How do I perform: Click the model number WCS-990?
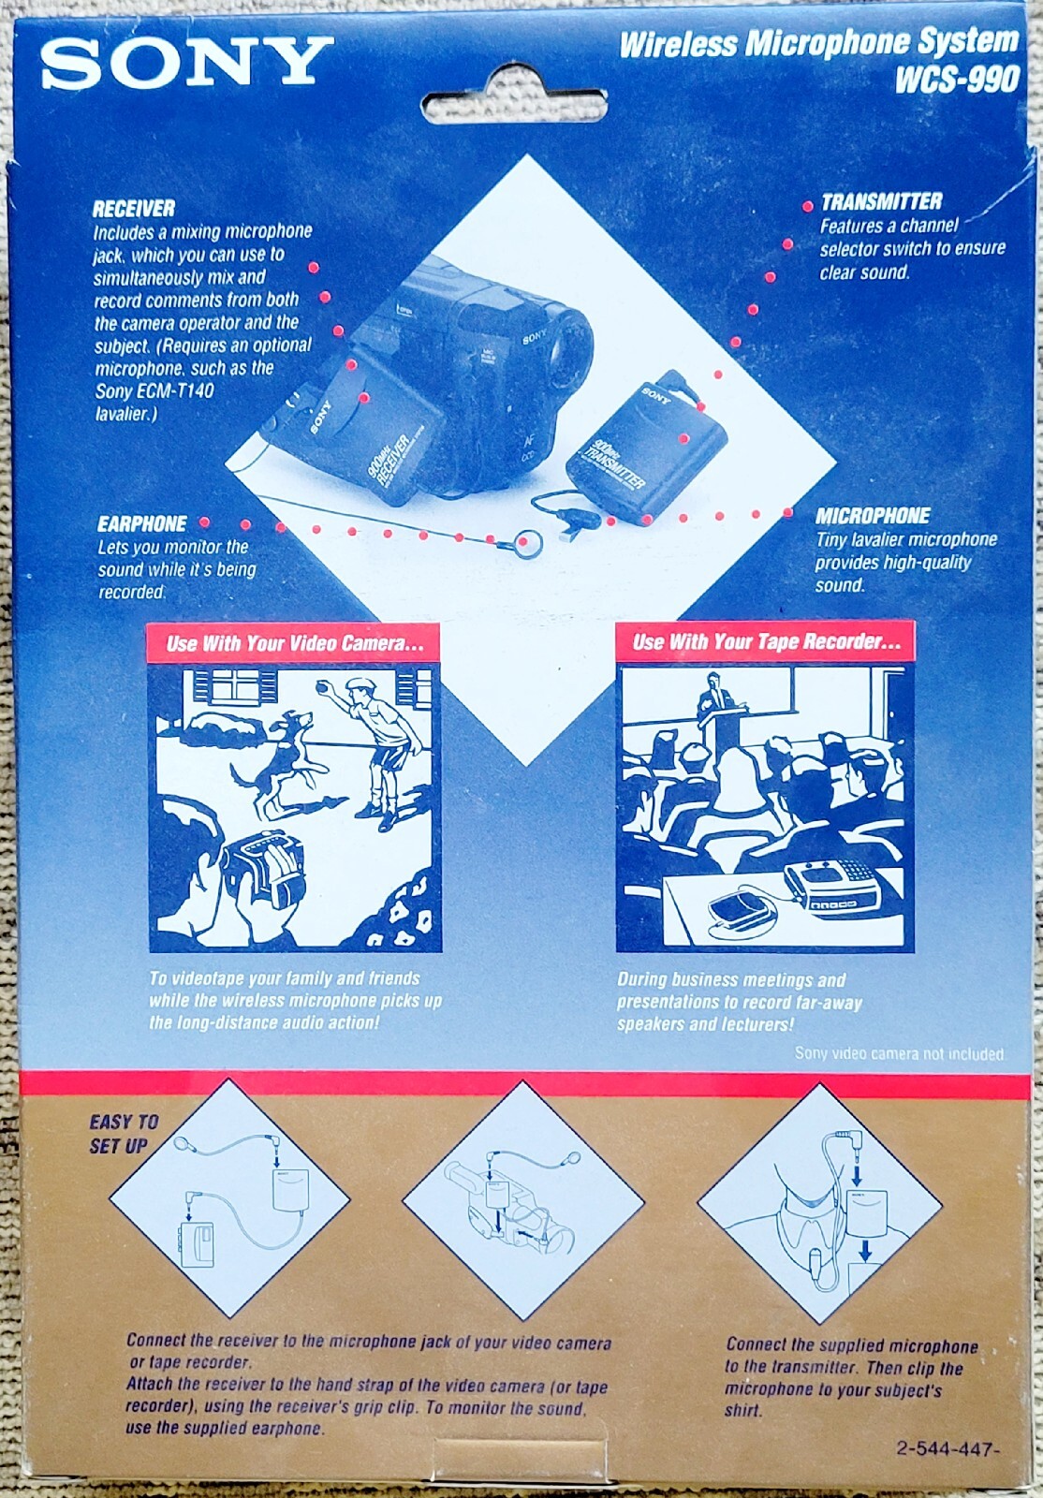957,81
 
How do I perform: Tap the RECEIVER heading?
133,209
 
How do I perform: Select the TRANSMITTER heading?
881,201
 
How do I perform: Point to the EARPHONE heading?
141,523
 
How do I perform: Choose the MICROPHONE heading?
872,515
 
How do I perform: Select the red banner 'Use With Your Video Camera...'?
294,643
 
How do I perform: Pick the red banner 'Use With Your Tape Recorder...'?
766,642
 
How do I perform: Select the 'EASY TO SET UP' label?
123,1134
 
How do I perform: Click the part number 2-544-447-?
948,1447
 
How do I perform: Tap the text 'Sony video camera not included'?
899,1054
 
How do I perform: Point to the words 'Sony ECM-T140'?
154,390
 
